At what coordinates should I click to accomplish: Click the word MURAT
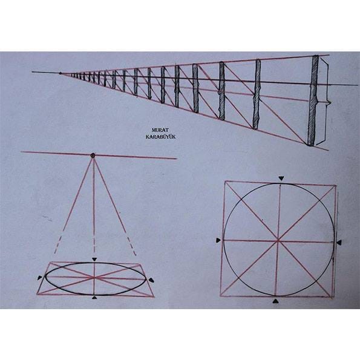[x=160, y=130]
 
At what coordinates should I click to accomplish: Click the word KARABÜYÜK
[x=160, y=137]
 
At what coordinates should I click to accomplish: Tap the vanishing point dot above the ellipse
[x=93, y=155]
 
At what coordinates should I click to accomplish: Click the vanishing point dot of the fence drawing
[x=60, y=73]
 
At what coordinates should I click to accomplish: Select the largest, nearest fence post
[x=312, y=100]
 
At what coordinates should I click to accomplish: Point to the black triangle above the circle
[x=281, y=178]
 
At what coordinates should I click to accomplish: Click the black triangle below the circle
[x=275, y=301]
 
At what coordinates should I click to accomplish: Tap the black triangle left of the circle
[x=218, y=240]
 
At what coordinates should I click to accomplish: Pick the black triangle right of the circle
[x=339, y=243]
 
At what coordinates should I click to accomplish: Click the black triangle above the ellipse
[x=94, y=259]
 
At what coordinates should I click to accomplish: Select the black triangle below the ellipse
[x=94, y=298]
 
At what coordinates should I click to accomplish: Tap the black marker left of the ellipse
[x=40, y=278]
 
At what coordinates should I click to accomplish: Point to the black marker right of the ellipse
[x=151, y=280]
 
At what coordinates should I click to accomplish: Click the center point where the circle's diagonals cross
[x=278, y=241]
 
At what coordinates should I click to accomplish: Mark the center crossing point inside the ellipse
[x=94, y=278]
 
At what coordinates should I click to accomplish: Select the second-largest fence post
[x=257, y=94]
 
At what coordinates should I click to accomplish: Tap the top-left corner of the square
[x=226, y=181]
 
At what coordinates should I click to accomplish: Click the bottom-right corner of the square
[x=333, y=297]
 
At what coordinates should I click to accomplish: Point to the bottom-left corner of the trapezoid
[x=37, y=294]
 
